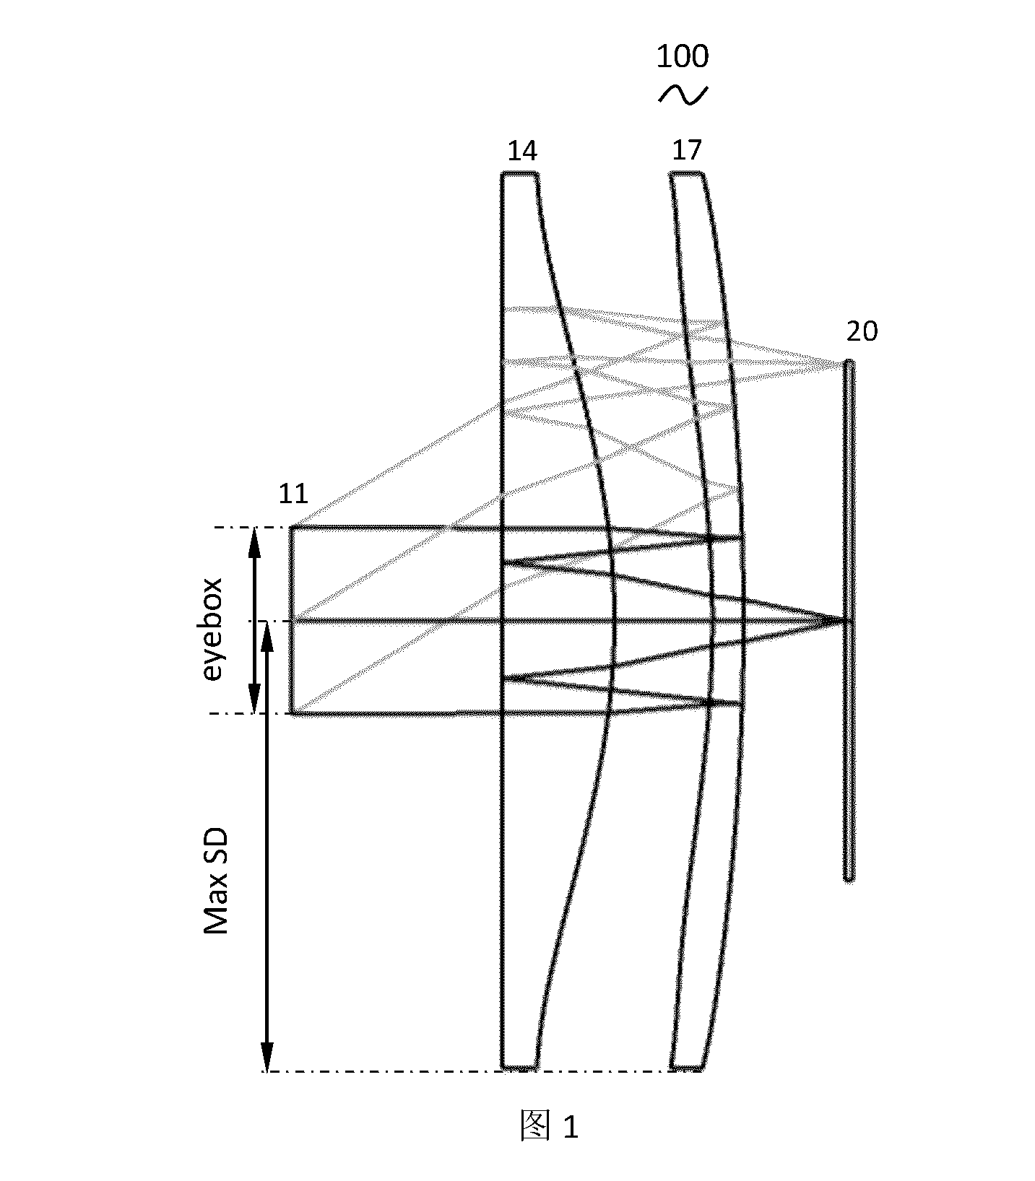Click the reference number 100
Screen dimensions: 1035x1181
[682, 56]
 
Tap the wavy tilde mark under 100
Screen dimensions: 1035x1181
[683, 95]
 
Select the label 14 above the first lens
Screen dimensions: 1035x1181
[522, 151]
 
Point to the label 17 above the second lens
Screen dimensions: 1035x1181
[686, 150]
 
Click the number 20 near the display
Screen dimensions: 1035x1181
[862, 331]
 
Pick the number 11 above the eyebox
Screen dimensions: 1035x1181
[293, 494]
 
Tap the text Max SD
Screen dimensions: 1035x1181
[216, 881]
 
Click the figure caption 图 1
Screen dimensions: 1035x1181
[550, 1127]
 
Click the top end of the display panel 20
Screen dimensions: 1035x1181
[849, 362]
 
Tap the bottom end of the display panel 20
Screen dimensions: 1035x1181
[849, 879]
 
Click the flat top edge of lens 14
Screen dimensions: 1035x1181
[520, 173]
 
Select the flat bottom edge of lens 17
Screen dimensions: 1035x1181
[687, 1067]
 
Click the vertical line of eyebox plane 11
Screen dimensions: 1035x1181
[291, 620]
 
